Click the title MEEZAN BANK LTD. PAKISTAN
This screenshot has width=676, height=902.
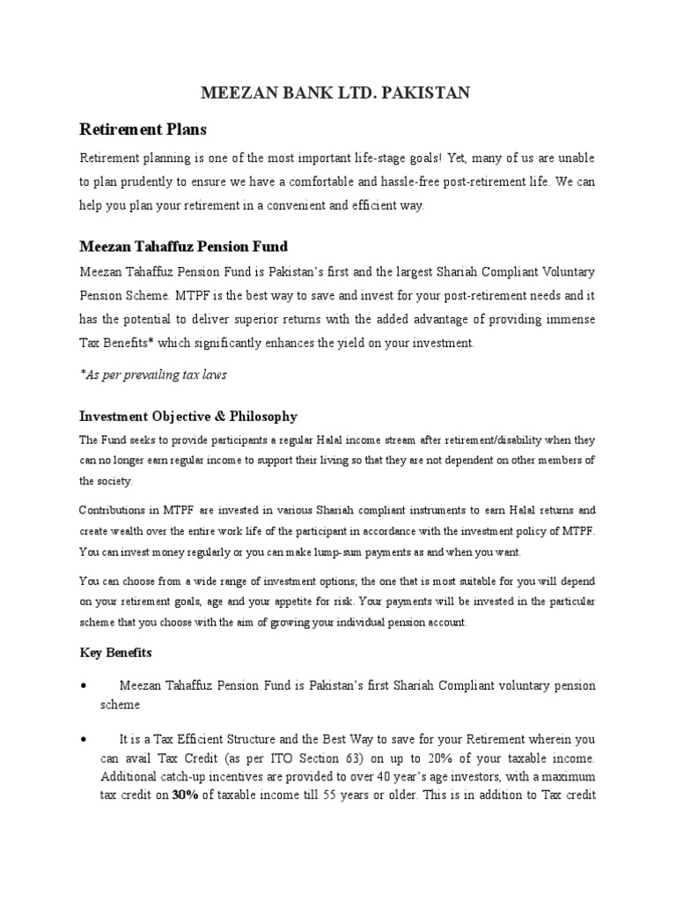(337, 92)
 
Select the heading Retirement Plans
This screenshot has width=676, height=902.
(143, 129)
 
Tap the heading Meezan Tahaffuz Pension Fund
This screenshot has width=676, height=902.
(184, 245)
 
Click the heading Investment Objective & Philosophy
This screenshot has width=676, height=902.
(188, 416)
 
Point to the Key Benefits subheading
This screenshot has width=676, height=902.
(115, 653)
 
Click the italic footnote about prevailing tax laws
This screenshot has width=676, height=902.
(153, 374)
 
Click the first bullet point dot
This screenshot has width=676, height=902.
(82, 686)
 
